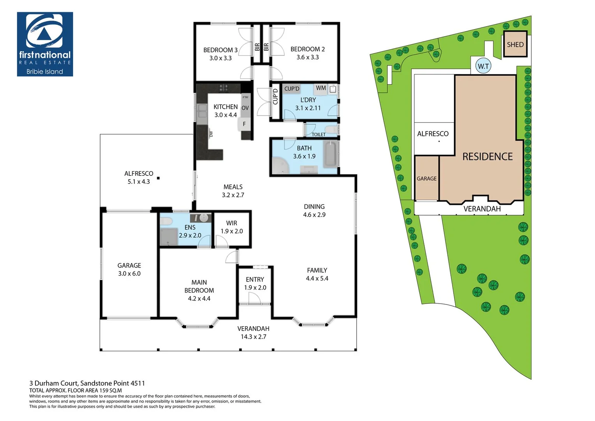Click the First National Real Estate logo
45,44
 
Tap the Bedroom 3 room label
220,50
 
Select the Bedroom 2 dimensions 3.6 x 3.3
307,57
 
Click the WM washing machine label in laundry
321,88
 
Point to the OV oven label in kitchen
245,108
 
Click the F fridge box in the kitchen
244,124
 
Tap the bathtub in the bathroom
332,154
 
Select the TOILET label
318,134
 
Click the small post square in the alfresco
158,178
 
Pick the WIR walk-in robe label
231,223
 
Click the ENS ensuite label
190,227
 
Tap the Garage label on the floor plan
129,265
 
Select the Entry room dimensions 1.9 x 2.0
255,288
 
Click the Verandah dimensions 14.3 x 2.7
253,337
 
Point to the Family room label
317,270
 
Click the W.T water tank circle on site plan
483,66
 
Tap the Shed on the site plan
515,44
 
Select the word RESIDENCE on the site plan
487,157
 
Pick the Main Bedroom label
199,286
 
